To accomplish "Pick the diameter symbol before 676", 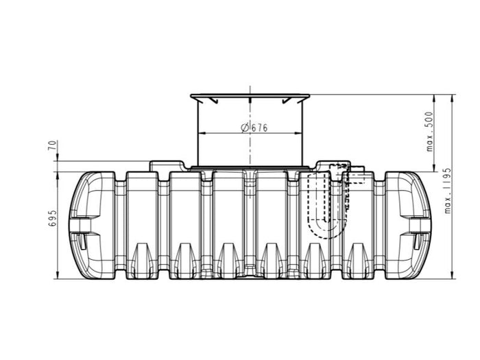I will (x=244, y=128).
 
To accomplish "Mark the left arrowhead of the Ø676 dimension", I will (x=200, y=132).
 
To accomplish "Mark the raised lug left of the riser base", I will (x=165, y=165).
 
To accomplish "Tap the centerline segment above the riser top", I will (x=250, y=91).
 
